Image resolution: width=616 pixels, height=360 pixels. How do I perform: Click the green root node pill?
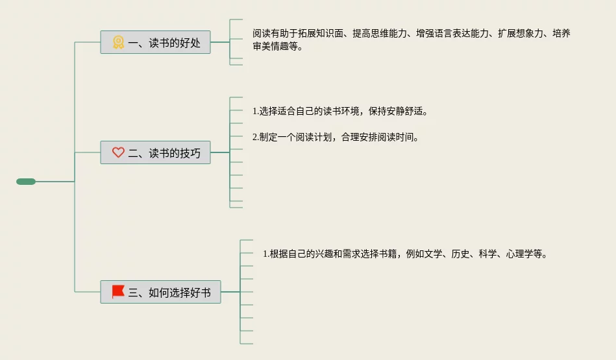pyautogui.click(x=26, y=182)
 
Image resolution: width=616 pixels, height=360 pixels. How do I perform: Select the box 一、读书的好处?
pyautogui.click(x=155, y=43)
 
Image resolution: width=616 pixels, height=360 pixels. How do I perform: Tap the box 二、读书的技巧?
pyautogui.click(x=155, y=152)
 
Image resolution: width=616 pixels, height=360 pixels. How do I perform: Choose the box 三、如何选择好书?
pyautogui.click(x=160, y=292)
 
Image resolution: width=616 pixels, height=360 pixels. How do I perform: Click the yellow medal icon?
pyautogui.click(x=118, y=43)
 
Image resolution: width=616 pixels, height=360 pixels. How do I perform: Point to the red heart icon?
pyautogui.click(x=118, y=152)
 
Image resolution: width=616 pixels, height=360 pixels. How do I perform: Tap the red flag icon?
pyautogui.click(x=118, y=291)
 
